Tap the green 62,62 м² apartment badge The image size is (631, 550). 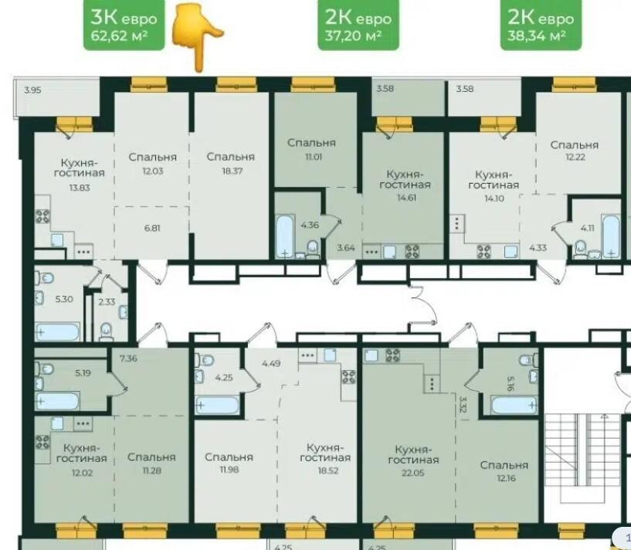point(124,25)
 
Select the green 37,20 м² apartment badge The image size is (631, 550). point(358,25)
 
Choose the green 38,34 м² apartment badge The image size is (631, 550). point(541,25)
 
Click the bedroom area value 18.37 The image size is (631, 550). point(232,171)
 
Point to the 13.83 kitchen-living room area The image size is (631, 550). point(80,188)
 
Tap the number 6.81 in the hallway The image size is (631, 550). point(152,228)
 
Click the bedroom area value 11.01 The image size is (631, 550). point(313,157)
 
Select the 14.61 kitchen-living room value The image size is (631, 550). point(406,198)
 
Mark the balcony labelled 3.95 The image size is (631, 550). point(56,97)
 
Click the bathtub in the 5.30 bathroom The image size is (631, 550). point(57,332)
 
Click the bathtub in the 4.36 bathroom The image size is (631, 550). point(284,236)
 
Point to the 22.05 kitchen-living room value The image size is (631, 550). point(413,473)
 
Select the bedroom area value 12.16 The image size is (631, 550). point(506,478)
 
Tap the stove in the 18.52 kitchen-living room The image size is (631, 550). point(348,377)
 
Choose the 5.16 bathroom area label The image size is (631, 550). point(510,384)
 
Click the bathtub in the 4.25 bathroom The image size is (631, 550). point(217,405)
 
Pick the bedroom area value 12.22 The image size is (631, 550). point(575,157)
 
